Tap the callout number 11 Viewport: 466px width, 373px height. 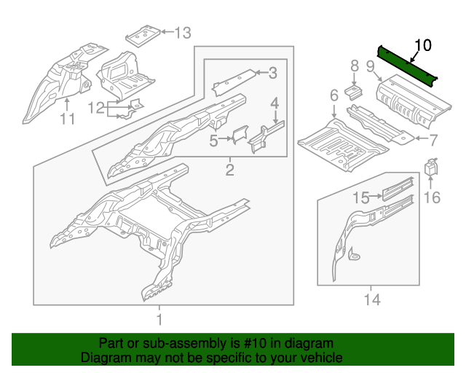coord(67,118)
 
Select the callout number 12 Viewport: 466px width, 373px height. coord(97,109)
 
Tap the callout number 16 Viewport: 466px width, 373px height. coord(432,197)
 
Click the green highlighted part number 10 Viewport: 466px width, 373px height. coord(408,64)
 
